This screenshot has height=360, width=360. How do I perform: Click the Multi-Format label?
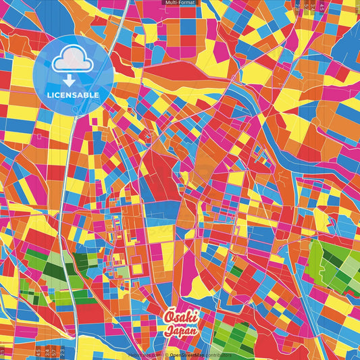point(180,3)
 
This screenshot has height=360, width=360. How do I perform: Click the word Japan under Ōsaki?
point(180,331)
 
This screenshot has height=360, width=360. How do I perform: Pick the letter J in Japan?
point(169,331)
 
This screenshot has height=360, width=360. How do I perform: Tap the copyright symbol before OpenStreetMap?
point(166,355)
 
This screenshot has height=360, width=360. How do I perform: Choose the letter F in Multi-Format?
point(182,3)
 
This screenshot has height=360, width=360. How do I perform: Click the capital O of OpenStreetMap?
point(172,355)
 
